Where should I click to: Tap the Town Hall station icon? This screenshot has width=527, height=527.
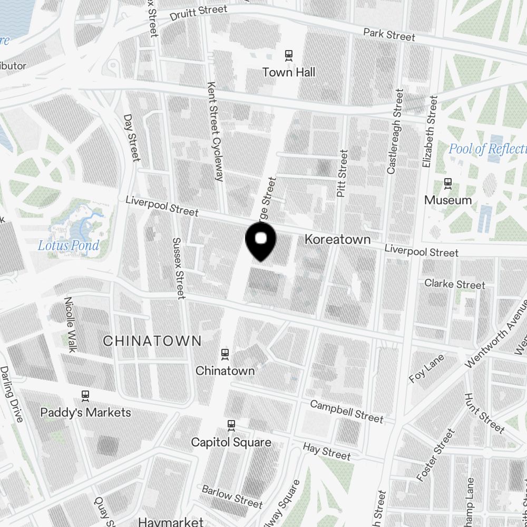tap(289, 54)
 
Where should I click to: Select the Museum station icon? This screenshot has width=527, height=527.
tap(448, 183)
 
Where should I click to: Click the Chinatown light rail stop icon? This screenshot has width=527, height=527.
tap(225, 354)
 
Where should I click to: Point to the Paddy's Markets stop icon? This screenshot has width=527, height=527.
tap(85, 395)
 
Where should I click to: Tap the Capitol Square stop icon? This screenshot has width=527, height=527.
tap(231, 425)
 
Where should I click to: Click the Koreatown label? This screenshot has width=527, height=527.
tap(337, 240)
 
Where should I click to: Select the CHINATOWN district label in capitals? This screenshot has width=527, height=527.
tap(152, 341)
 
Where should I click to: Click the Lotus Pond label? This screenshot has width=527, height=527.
tap(69, 246)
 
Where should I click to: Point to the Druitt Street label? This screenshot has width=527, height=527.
tap(199, 13)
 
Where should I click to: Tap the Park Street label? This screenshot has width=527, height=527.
tap(389, 34)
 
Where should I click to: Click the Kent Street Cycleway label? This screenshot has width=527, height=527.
tap(216, 131)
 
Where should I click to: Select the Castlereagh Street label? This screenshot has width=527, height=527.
tap(395, 132)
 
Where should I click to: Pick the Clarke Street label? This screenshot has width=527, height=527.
tap(454, 284)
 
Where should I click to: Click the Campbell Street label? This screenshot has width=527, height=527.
tap(346, 411)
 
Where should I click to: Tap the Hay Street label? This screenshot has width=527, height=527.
tap(326, 452)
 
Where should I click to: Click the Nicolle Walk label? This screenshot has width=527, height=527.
tap(71, 324)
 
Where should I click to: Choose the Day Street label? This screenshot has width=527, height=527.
tap(132, 138)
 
